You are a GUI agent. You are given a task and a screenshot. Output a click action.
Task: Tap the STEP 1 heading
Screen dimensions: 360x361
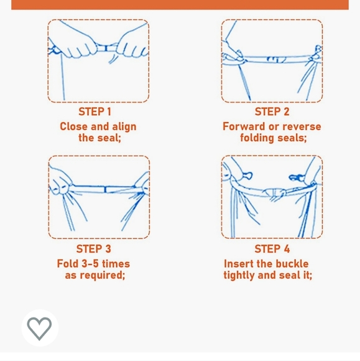pyautogui.click(x=95, y=112)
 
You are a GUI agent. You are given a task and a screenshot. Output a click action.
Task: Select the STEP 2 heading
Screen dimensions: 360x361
pyautogui.click(x=272, y=112)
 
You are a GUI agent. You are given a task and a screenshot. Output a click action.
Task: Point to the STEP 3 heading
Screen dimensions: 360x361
pyautogui.click(x=94, y=249)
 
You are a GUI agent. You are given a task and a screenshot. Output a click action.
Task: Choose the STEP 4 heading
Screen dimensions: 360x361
pyautogui.click(x=272, y=249)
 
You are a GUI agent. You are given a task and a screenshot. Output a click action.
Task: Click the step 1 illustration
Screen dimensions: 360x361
pyautogui.click(x=98, y=61)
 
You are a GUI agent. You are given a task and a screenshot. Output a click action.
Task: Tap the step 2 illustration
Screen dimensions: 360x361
pyautogui.click(x=272, y=61)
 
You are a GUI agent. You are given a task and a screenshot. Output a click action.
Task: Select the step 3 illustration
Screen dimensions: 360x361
pyautogui.click(x=99, y=197)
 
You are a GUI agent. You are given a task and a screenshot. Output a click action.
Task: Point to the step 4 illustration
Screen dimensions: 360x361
pyautogui.click(x=272, y=197)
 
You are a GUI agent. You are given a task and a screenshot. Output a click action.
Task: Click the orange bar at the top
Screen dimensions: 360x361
pyautogui.click(x=180, y=4)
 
